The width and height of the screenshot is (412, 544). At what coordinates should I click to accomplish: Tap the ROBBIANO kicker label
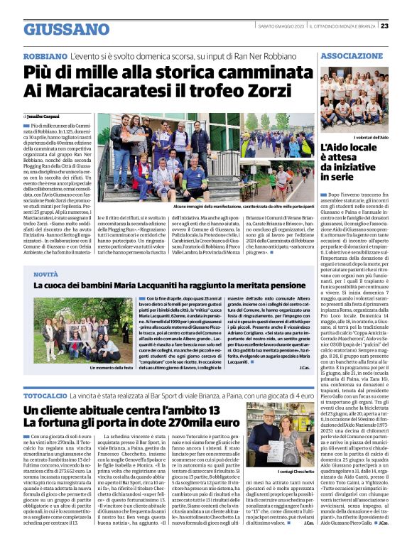45,55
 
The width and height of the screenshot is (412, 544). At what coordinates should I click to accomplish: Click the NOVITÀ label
46,273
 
